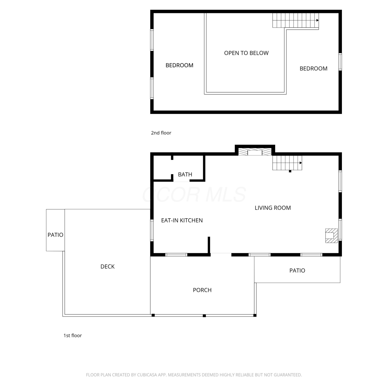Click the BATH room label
pyautogui.click(x=185, y=175)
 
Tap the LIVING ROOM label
pyautogui.click(x=273, y=208)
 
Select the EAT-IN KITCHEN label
pyautogui.click(x=182, y=220)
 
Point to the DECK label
pyautogui.click(x=107, y=266)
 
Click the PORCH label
pyautogui.click(x=202, y=290)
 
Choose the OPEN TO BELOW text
pyautogui.click(x=246, y=53)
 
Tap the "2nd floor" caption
pyautogui.click(x=161, y=133)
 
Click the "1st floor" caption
pyautogui.click(x=73, y=335)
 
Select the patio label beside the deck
pyautogui.click(x=55, y=235)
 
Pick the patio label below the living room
pyautogui.click(x=297, y=271)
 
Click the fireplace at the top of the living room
pyautogui.click(x=255, y=152)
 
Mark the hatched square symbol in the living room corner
pyautogui.click(x=331, y=236)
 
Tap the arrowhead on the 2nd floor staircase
pyautogui.click(x=317, y=20)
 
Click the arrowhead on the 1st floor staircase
pyautogui.click(x=301, y=163)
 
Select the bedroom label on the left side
pyautogui.click(x=179, y=65)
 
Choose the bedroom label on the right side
pyautogui.click(x=314, y=69)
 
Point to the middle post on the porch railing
pyautogui.click(x=204, y=316)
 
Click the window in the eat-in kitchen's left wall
pyautogui.click(x=152, y=230)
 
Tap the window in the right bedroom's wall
pyautogui.click(x=340, y=62)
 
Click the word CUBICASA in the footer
pyautogui.click(x=147, y=375)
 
